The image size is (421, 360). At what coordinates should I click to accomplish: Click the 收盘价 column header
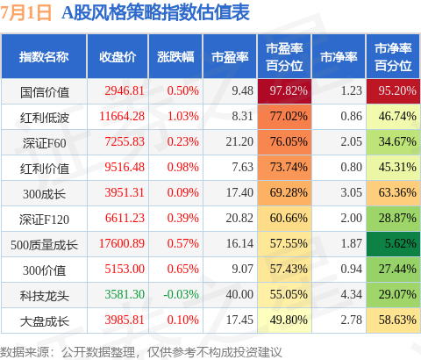coord(118,57)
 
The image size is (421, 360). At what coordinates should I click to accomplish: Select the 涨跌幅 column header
coord(175,57)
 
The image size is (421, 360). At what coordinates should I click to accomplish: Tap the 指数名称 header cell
coord(44,57)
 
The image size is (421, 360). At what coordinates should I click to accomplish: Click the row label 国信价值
coord(45,92)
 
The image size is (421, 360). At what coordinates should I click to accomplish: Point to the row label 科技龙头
coord(45,296)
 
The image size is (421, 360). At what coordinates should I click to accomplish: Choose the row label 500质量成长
coord(44,245)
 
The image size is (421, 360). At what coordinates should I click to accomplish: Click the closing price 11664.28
coord(122,116)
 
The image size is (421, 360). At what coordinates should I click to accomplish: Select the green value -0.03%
coord(181,294)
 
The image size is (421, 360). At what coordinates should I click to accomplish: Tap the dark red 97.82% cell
coord(284,91)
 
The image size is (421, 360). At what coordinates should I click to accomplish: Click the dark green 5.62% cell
coord(393,244)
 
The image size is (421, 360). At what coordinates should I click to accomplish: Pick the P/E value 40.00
coord(239,294)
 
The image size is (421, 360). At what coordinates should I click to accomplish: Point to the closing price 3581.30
coord(125,294)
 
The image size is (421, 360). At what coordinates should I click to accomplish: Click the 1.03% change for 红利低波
coord(183,116)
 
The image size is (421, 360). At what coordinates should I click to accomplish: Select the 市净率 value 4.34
coord(351,294)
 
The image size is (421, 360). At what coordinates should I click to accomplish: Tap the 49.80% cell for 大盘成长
coord(284,320)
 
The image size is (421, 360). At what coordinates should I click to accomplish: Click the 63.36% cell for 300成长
coord(393,193)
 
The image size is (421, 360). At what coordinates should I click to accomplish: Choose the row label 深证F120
coord(44,220)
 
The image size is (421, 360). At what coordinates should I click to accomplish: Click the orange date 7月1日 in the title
coord(25,12)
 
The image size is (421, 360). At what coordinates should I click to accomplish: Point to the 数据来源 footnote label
coord(24,352)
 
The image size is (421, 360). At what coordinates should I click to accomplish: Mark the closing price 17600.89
coord(122,243)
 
